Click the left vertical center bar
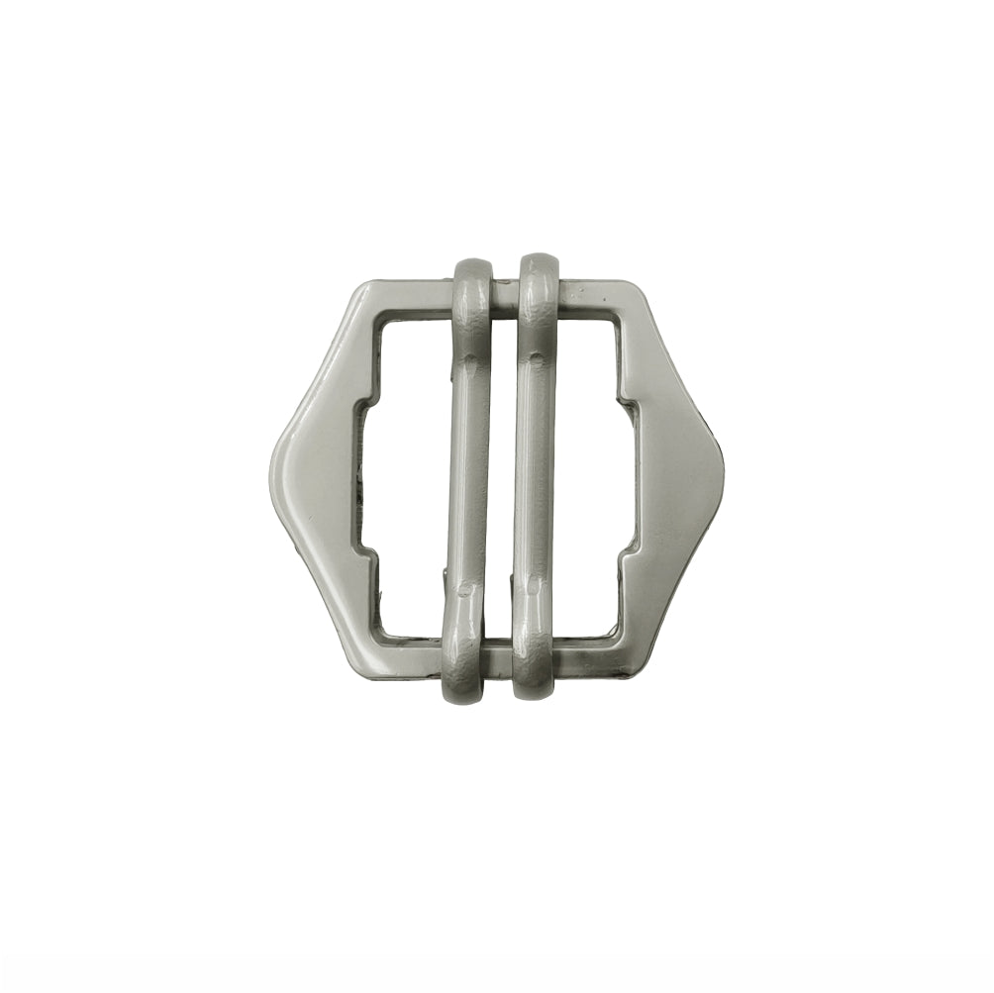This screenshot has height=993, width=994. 468,475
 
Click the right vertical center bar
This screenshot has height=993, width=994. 535,475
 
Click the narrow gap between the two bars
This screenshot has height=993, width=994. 502,475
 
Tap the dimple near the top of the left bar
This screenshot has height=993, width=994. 471,360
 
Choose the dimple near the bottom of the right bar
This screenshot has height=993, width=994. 533,590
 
